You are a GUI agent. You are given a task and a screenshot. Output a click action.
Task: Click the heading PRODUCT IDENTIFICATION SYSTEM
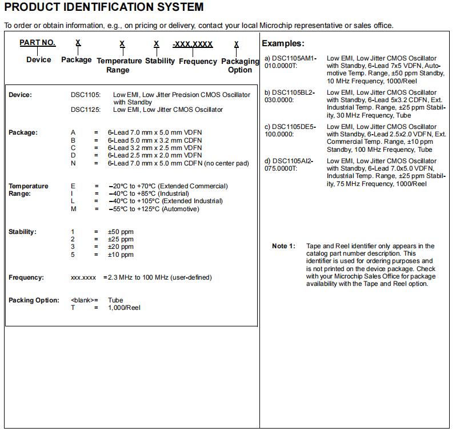point(103,7)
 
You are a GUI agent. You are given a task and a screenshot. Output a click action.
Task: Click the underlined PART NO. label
point(38,43)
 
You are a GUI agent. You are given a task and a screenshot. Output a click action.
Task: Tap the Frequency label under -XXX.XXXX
point(198,61)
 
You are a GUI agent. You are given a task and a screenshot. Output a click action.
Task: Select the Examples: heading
point(283,43)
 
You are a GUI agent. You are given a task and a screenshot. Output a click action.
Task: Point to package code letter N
point(73,163)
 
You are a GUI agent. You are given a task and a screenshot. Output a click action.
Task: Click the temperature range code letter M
point(73,209)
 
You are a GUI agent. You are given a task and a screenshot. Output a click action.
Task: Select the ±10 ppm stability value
point(121,255)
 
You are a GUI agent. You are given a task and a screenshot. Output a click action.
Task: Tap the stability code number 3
point(73,247)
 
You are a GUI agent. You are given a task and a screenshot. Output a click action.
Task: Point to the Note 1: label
point(283,246)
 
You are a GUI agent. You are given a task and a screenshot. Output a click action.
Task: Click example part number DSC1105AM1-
point(290,58)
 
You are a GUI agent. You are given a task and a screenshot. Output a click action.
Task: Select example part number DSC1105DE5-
point(290,127)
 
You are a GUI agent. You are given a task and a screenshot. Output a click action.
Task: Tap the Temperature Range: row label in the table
point(28,189)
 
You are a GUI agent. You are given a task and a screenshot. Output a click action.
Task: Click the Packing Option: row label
point(34,300)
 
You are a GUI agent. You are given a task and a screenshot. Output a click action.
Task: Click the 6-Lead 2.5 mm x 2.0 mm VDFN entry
point(155,155)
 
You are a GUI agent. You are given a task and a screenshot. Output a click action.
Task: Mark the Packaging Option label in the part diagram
point(240,66)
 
